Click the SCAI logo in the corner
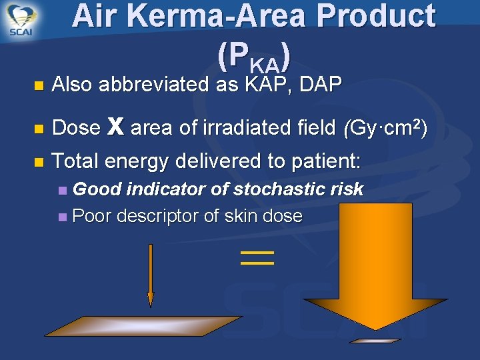(23, 20)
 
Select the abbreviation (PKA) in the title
(253, 59)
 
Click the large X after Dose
(115, 127)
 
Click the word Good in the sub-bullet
(97, 189)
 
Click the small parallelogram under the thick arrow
(375, 340)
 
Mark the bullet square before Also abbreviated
(38, 85)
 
